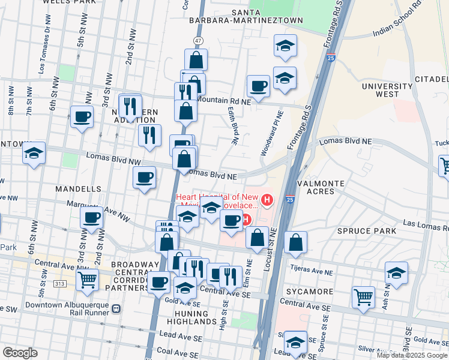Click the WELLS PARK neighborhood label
70,2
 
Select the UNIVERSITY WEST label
388,91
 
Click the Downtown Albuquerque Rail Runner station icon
116,308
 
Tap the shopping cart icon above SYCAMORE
363,296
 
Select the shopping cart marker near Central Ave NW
88,279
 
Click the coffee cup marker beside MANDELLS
144,178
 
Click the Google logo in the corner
20,353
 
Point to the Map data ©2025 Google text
412,355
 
